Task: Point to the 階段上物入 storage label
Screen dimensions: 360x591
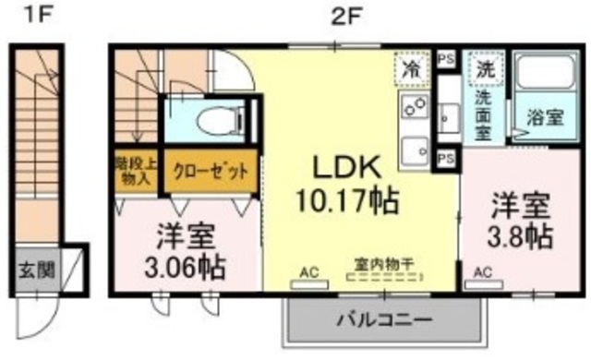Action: point(138,171)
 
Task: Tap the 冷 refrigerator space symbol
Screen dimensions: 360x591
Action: point(412,66)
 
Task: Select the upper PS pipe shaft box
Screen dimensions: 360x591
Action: point(446,58)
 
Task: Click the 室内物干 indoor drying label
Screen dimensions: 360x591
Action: point(379,263)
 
